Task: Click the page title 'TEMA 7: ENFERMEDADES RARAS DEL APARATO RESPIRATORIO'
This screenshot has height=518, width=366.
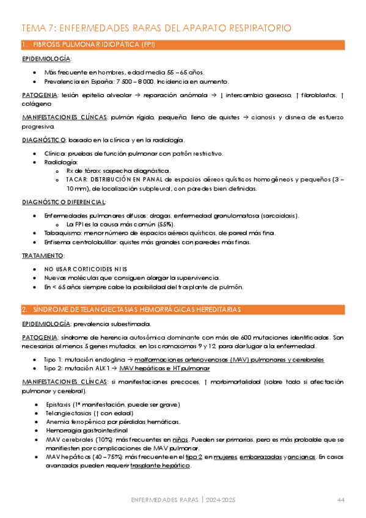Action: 156,28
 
